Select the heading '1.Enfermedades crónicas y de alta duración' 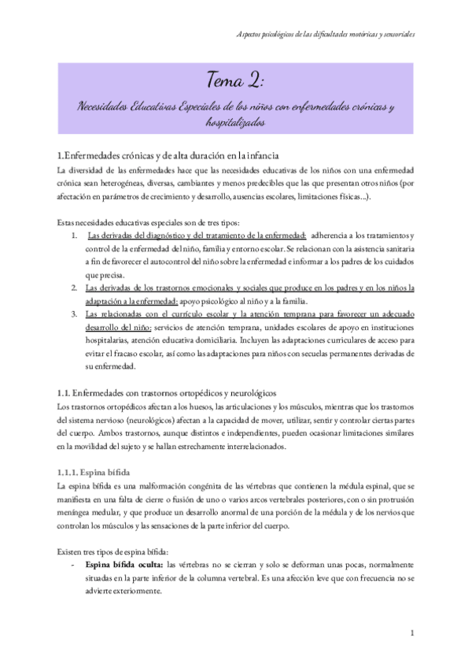pos(165,154)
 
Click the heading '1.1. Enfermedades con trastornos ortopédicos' pos(166,392)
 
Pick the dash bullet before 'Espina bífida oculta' pos(73,566)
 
